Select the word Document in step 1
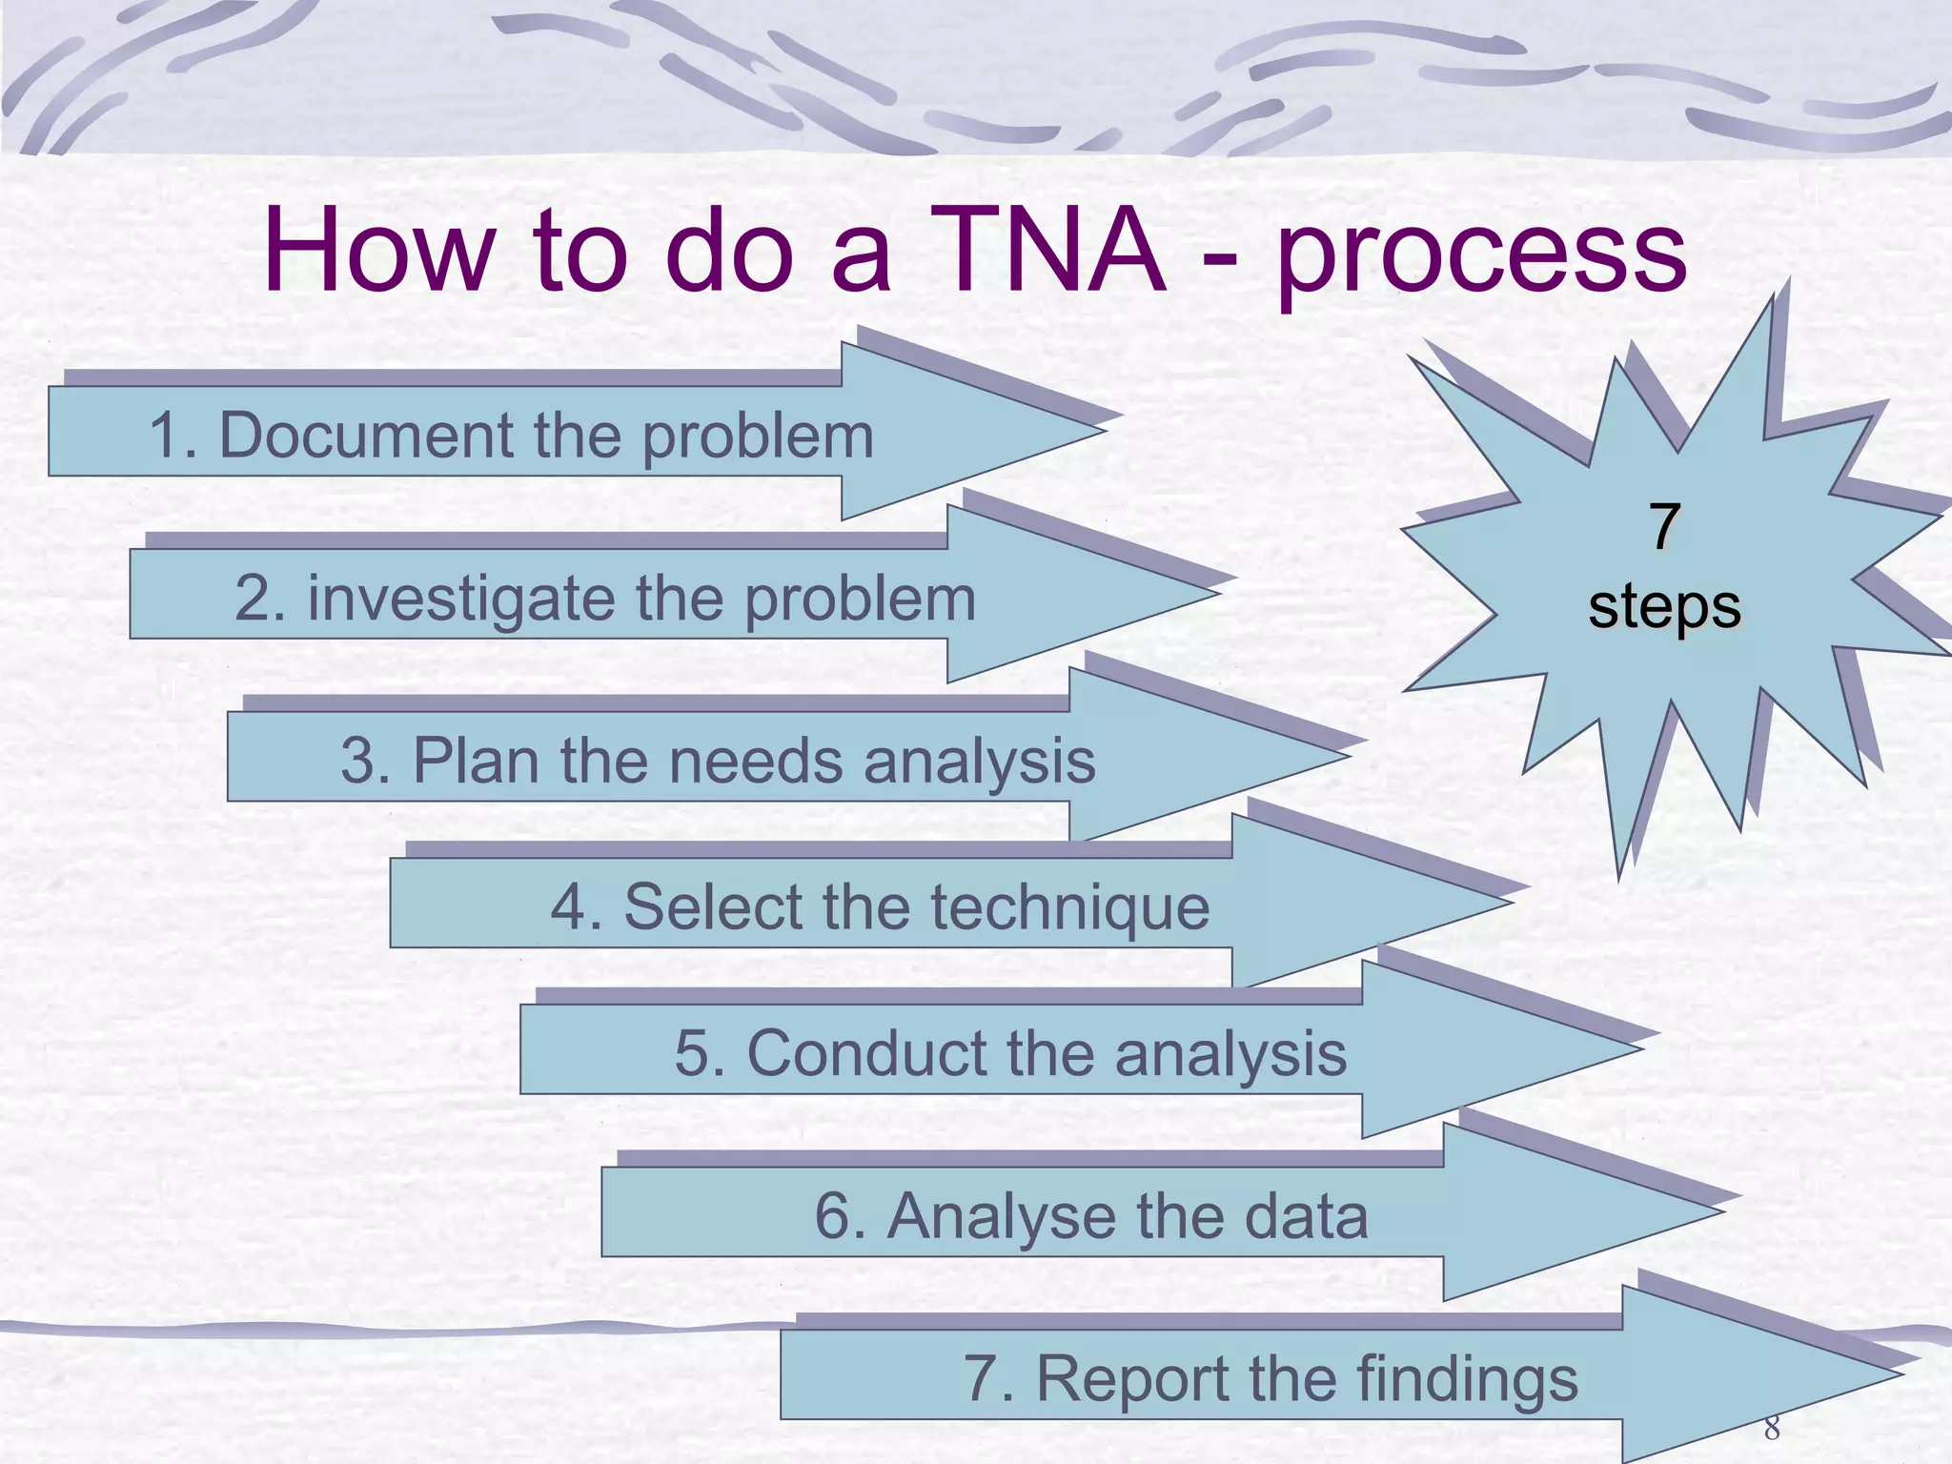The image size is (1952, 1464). [366, 436]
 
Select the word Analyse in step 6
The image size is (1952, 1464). [1002, 1217]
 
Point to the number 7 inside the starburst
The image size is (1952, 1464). [1664, 525]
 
